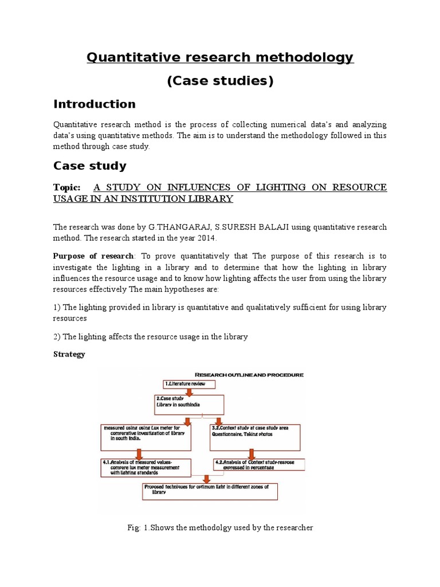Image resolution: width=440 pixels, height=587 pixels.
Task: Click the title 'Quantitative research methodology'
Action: tap(220, 57)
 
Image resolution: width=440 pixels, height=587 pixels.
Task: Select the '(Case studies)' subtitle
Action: tap(220, 81)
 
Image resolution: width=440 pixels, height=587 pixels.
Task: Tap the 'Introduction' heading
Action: tap(95, 104)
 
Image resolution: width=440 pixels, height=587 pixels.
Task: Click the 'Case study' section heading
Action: tap(90, 166)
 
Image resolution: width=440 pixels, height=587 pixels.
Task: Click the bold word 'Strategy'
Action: tap(69, 354)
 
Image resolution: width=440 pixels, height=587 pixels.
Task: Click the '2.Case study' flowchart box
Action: tap(188, 405)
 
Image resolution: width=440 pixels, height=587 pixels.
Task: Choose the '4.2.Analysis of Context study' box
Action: tap(258, 464)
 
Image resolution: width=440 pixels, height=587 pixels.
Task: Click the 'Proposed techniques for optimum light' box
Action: tap(210, 491)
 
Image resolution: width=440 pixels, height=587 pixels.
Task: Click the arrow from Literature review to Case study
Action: tap(191, 393)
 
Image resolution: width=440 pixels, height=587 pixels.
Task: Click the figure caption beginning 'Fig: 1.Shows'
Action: tap(220, 528)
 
